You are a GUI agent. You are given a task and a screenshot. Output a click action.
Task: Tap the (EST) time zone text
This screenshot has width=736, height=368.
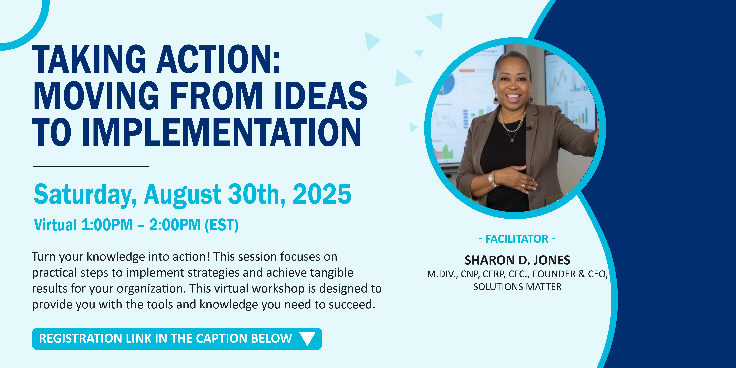(x=222, y=225)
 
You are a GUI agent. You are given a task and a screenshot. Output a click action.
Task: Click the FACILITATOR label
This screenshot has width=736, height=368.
(x=517, y=239)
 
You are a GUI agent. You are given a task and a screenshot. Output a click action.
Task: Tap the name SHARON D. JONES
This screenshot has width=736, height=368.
(x=517, y=260)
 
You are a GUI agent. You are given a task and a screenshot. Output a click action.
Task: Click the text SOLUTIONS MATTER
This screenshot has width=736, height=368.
(x=517, y=287)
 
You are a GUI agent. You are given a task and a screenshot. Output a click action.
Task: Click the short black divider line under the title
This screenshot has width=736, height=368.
(x=91, y=166)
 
